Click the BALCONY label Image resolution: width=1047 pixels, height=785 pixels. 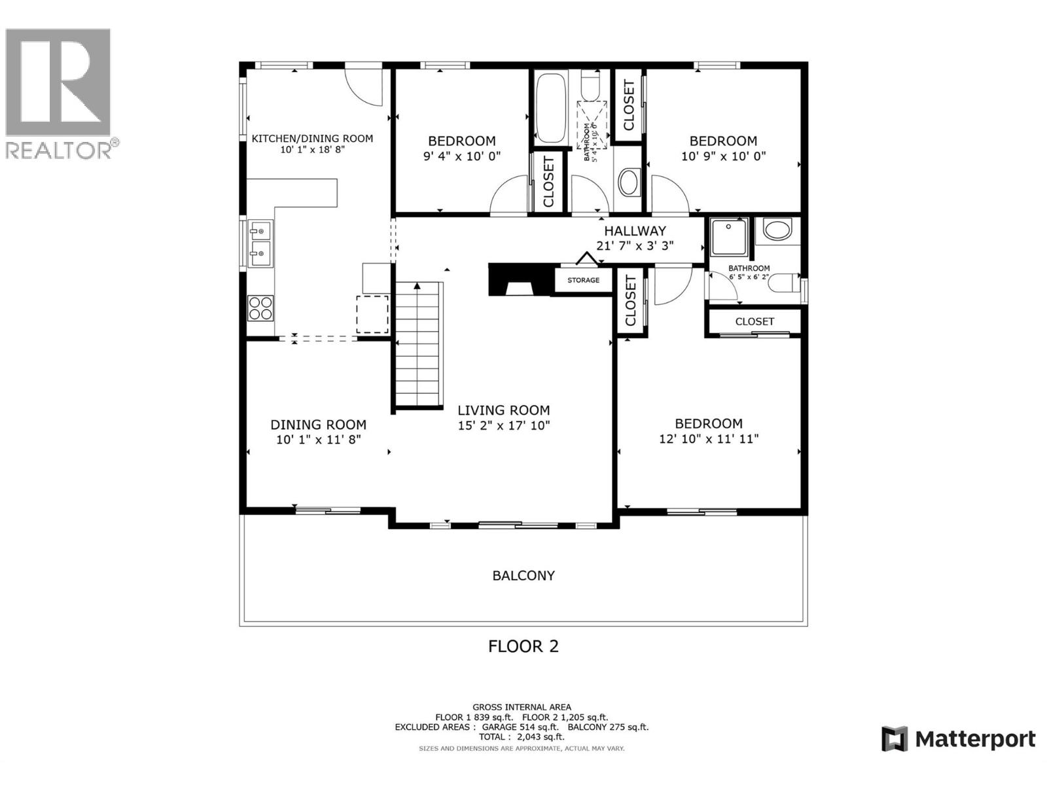pyautogui.click(x=523, y=576)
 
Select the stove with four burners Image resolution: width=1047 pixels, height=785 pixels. pyautogui.click(x=260, y=308)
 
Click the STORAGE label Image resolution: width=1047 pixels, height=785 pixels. pyautogui.click(x=583, y=280)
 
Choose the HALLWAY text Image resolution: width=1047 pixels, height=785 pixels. pyautogui.click(x=635, y=231)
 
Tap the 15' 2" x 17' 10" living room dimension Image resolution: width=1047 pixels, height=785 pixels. pyautogui.click(x=503, y=426)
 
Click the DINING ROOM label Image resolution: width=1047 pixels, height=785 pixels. pyautogui.click(x=318, y=425)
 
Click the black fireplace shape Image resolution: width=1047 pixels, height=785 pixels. pyautogui.click(x=520, y=280)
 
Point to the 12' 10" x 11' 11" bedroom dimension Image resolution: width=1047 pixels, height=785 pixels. pyautogui.click(x=709, y=439)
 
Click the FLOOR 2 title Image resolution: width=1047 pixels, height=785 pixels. pyautogui.click(x=523, y=646)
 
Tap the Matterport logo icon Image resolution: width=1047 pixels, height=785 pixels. pyautogui.click(x=895, y=739)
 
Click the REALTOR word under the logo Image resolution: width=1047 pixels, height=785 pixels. pyautogui.click(x=59, y=150)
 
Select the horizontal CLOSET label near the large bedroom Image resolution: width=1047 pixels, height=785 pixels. pyautogui.click(x=754, y=321)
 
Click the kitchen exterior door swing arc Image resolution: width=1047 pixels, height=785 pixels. pyautogui.click(x=364, y=85)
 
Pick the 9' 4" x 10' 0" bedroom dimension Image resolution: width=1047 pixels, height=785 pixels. pyautogui.click(x=462, y=156)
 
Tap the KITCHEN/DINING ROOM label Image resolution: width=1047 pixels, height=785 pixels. pyautogui.click(x=312, y=139)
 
